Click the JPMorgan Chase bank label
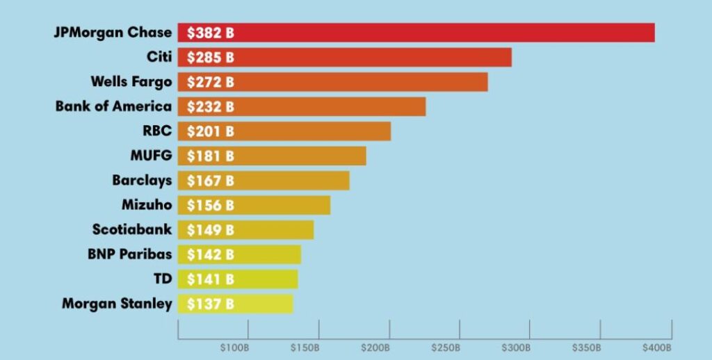pos(113,33)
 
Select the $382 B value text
pos(211,33)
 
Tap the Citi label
pos(159,57)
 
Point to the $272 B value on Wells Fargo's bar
pos(211,82)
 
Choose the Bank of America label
pos(113,106)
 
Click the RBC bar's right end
pos(389,131)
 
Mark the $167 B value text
pos(211,181)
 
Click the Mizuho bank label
pos(147,205)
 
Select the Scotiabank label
pos(132,229)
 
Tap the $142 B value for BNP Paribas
pos(211,254)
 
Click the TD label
pos(163,279)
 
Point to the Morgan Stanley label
pos(117,304)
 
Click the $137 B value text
pos(211,304)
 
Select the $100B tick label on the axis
pos(234,347)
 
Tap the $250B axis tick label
pos(446,347)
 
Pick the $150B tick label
pos(305,347)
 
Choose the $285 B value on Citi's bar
pos(211,57)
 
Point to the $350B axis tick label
pos(586,347)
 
